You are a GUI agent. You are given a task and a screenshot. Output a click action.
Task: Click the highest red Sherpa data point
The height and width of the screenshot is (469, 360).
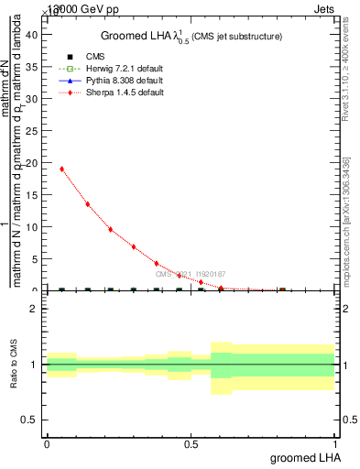coord(61,169)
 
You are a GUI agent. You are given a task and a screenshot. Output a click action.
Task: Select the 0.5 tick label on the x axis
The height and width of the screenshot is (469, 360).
coord(191,443)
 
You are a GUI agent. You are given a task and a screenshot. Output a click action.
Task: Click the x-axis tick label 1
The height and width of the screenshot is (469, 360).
coord(335,443)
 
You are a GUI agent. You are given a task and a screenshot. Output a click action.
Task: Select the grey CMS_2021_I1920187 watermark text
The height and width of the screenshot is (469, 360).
coord(190,274)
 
